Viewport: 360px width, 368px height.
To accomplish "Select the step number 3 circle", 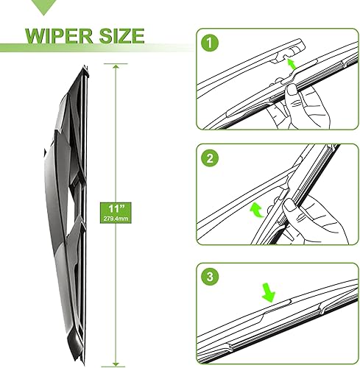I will click(211, 277).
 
